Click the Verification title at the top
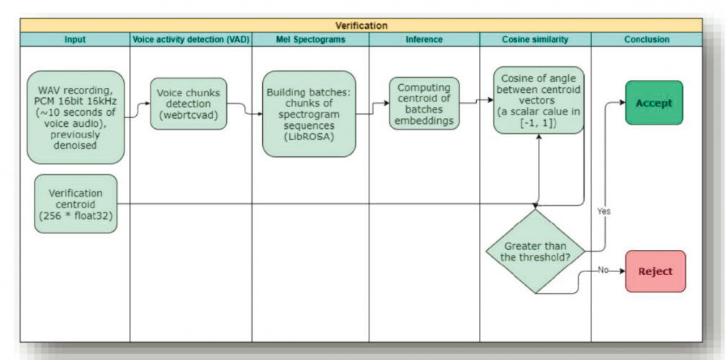click(x=361, y=26)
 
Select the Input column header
click(x=75, y=40)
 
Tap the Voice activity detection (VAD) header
click(x=191, y=40)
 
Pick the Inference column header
click(x=424, y=40)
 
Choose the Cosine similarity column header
click(x=535, y=40)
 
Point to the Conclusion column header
click(x=646, y=40)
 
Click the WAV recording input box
click(x=76, y=117)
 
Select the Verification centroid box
click(x=76, y=204)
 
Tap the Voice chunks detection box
click(x=189, y=104)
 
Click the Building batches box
click(x=309, y=114)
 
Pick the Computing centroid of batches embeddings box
click(x=424, y=104)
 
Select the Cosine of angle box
click(x=538, y=100)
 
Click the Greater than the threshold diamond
click(x=535, y=251)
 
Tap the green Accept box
click(x=653, y=103)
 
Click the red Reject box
click(x=655, y=271)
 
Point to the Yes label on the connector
click(x=604, y=212)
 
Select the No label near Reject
click(x=604, y=270)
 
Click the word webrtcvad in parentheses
click(x=189, y=114)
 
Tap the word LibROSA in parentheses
click(x=309, y=135)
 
